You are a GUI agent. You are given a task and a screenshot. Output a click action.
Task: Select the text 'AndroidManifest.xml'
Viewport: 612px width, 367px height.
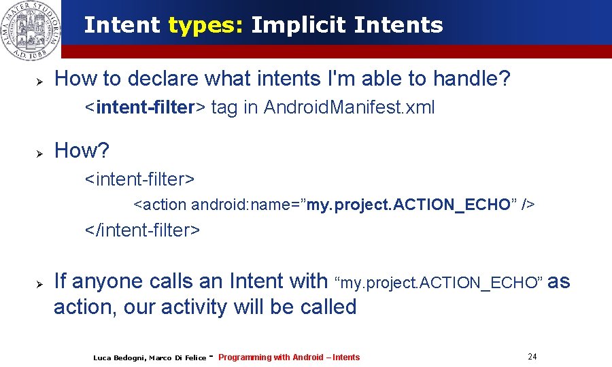(349, 107)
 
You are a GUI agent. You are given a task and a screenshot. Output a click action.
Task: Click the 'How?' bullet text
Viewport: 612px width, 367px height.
(82, 151)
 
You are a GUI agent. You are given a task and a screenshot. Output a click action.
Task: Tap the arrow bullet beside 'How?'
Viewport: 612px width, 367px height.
(39, 153)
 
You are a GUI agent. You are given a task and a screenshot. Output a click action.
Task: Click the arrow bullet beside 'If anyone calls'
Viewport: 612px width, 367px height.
(39, 283)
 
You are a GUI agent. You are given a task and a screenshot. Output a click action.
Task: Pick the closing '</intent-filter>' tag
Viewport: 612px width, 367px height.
(142, 230)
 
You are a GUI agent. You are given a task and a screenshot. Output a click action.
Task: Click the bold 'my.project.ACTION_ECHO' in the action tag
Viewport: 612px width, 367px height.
(408, 205)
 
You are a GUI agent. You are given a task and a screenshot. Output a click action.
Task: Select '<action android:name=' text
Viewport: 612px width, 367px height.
(218, 205)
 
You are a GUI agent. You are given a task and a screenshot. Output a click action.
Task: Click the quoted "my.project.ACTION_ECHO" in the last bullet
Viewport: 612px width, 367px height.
(440, 283)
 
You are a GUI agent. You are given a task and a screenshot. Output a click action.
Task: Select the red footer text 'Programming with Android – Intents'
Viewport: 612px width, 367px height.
(289, 357)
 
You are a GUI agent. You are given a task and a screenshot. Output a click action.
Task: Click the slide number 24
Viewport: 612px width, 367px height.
(532, 357)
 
